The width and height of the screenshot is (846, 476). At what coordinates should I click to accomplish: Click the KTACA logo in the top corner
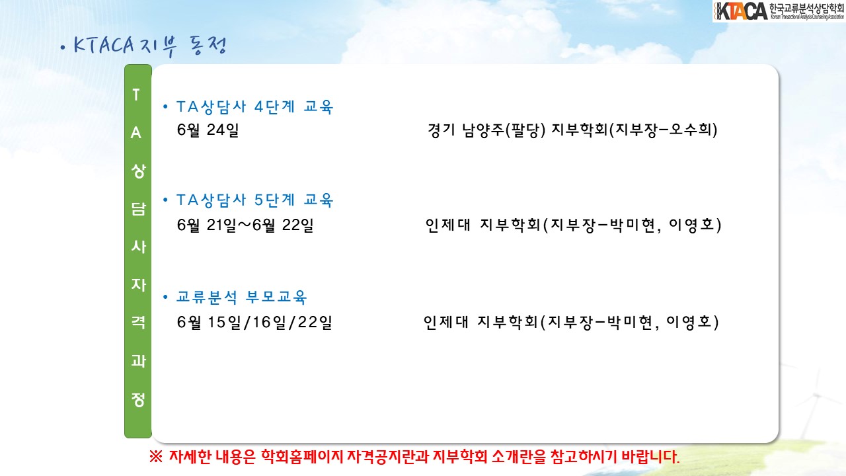(779, 11)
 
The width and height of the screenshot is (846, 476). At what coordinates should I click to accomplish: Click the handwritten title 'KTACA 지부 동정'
(150, 46)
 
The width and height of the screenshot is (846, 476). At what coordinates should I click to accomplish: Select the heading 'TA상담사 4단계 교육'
(254, 107)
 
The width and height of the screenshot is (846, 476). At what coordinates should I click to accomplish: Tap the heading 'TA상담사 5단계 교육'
(254, 200)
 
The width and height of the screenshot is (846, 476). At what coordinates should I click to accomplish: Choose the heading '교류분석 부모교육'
(242, 297)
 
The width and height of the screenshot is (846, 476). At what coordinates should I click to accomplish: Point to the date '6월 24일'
(208, 130)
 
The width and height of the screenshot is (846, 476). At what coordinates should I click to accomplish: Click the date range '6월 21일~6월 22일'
(245, 225)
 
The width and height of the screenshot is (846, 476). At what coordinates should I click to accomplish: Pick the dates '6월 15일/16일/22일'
(254, 322)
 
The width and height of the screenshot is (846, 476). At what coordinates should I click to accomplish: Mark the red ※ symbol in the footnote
(156, 457)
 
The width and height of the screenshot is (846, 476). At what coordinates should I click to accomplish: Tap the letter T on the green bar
(136, 95)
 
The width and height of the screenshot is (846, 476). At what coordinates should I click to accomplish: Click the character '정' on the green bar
(138, 399)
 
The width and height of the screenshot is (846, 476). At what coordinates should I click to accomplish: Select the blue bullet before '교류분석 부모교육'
(165, 297)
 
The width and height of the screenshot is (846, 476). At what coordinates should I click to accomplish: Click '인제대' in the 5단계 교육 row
(447, 225)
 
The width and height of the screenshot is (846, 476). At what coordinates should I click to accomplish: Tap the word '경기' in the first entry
(441, 130)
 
